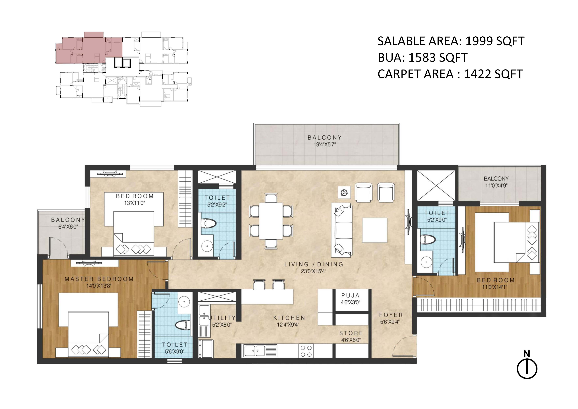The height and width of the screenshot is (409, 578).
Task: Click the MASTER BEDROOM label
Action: [x=99, y=279]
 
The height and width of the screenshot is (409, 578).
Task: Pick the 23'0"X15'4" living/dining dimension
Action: [x=314, y=271]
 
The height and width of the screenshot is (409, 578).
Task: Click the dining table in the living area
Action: [x=271, y=221]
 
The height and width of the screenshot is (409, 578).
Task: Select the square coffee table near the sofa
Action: [x=375, y=230]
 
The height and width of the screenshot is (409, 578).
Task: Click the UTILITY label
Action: [x=222, y=318]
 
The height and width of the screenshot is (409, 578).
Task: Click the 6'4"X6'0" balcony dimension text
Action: [x=68, y=227]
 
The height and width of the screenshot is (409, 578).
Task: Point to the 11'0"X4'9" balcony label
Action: [x=496, y=186]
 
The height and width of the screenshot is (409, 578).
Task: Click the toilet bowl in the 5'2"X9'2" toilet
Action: [x=209, y=223]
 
